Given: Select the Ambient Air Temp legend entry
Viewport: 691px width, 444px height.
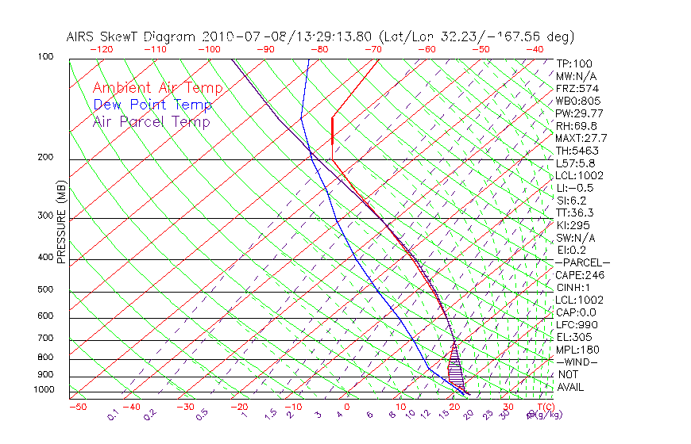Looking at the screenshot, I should [157, 88].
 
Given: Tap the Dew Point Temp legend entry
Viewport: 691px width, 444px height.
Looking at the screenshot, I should [152, 105].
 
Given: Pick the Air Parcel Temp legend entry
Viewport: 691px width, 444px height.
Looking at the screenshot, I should [151, 121].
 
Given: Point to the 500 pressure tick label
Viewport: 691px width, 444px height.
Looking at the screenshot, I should [45, 289].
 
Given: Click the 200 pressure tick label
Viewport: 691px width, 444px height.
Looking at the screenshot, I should [45, 157].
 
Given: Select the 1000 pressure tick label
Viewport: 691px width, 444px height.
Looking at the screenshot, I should [44, 389].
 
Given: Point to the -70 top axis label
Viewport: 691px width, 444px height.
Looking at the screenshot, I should [372, 49].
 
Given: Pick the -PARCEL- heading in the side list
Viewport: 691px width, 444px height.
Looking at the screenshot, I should [582, 262].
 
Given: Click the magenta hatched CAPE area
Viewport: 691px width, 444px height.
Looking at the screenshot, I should [456, 369].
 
